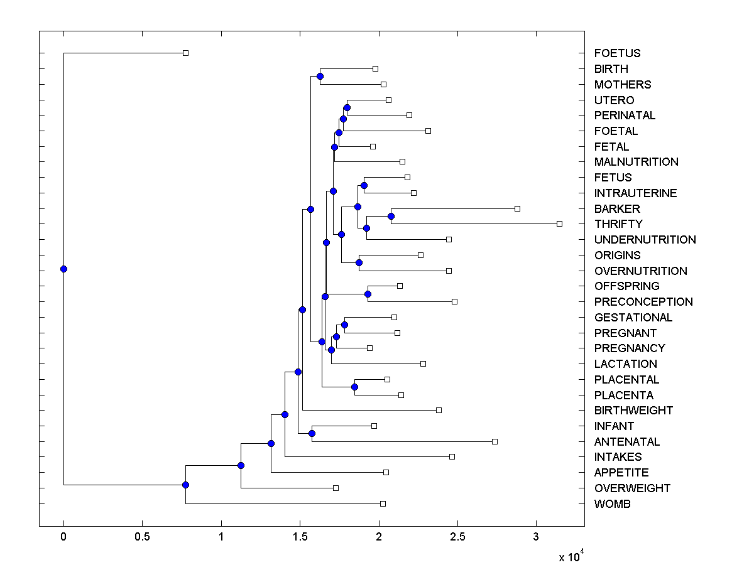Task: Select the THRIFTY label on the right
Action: [x=618, y=224]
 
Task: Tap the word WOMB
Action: [x=613, y=504]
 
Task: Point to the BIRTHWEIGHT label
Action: [x=633, y=411]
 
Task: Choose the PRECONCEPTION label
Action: [x=643, y=302]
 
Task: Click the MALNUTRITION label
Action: [x=636, y=162]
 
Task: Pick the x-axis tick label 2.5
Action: [x=457, y=537]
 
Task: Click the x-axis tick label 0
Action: [x=63, y=537]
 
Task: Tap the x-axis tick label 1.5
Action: [x=300, y=537]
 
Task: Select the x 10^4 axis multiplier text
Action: [x=572, y=556]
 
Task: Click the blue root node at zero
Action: [x=63, y=269]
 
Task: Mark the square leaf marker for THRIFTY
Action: [x=559, y=223]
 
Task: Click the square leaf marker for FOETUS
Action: [x=185, y=53]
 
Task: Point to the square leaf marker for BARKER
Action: [x=517, y=208]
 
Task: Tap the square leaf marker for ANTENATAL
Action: [x=494, y=441]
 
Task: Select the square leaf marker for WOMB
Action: [x=383, y=503]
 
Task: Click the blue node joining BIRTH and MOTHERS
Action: [x=320, y=76]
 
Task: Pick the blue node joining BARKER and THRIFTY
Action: [x=391, y=216]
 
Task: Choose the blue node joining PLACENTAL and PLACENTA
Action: [x=354, y=387]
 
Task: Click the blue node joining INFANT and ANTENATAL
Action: [x=312, y=433]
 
